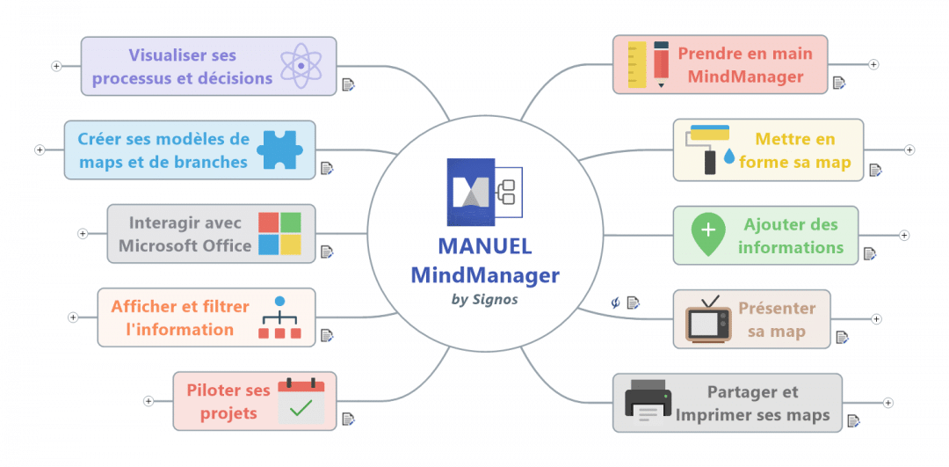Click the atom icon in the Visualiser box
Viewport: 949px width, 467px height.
coord(301,66)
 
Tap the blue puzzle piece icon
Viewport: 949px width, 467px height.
coord(279,150)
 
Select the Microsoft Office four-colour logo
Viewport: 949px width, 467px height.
coord(279,234)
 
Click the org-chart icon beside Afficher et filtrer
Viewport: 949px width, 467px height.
coord(279,317)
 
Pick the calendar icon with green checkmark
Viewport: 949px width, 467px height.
coord(301,401)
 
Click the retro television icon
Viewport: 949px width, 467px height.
coord(708,318)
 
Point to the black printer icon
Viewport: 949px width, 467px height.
coord(648,403)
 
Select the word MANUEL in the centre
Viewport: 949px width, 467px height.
coord(484,247)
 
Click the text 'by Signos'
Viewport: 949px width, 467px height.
coord(484,299)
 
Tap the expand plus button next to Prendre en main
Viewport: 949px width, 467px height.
coord(873,64)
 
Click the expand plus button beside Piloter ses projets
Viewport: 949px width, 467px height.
coord(149,401)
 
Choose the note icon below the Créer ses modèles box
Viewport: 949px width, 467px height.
coord(326,168)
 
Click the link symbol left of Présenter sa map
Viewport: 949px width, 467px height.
coord(616,303)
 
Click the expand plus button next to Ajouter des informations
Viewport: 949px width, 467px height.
coord(904,235)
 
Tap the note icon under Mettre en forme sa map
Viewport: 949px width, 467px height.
coord(874,170)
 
